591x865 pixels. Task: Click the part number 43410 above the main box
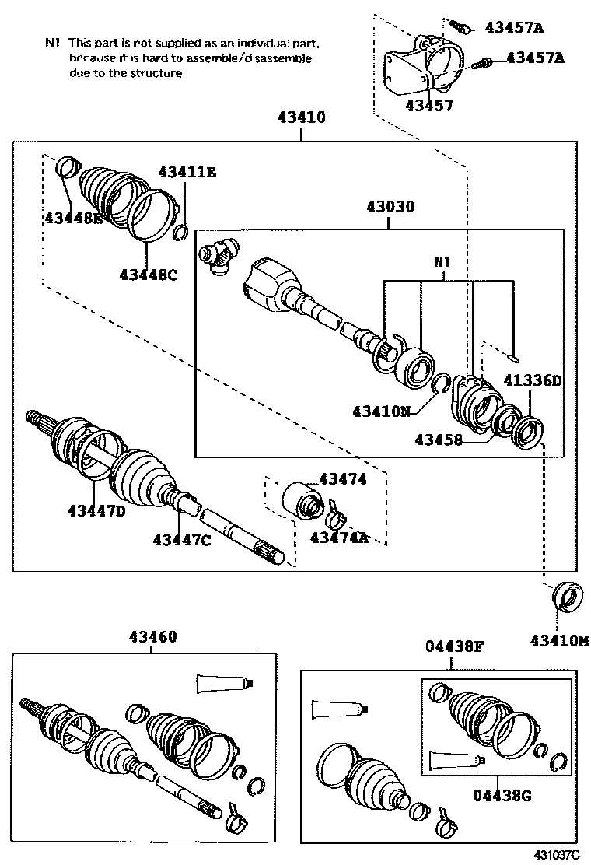point(301,117)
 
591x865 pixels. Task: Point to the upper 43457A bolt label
point(514,28)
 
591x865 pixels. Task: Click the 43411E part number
point(187,172)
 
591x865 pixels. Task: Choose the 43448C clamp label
point(149,274)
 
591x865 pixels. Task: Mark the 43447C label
point(181,539)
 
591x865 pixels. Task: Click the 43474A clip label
point(339,537)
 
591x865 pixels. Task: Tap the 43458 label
point(439,440)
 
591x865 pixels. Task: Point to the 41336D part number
point(532,380)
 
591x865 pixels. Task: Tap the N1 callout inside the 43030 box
point(442,263)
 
